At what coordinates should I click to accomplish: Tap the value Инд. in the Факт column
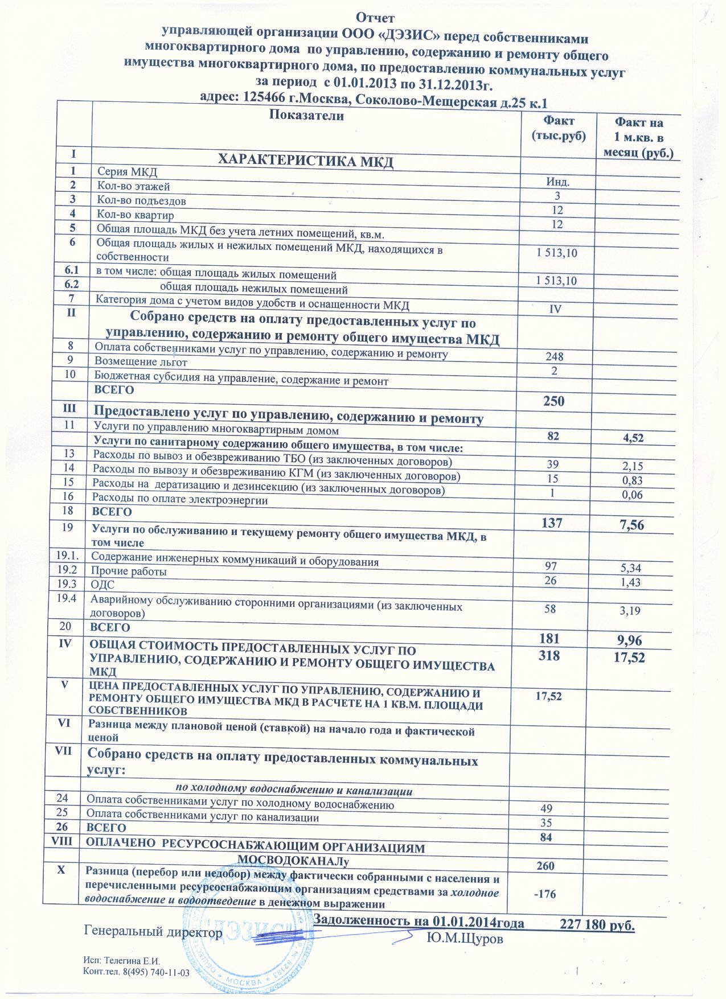(558, 182)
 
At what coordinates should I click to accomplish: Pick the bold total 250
(553, 401)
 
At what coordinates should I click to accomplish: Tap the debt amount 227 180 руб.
(597, 924)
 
